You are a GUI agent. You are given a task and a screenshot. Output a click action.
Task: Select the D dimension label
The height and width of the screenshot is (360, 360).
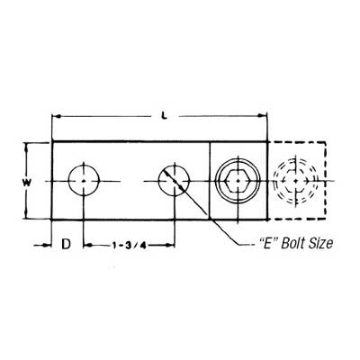click(x=65, y=244)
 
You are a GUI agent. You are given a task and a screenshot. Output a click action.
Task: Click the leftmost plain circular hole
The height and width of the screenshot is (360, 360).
click(x=84, y=180)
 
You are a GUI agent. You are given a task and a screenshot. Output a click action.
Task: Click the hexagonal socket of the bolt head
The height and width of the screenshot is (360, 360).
click(x=239, y=180)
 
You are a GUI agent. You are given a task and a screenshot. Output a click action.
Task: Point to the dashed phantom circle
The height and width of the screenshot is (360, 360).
click(x=294, y=180)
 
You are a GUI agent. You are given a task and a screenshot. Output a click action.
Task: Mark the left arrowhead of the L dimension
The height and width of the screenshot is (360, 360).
click(x=57, y=116)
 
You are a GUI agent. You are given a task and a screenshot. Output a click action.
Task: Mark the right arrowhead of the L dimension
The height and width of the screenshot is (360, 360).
click(x=265, y=116)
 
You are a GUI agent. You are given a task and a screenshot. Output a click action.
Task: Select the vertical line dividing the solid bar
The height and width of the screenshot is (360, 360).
click(x=210, y=180)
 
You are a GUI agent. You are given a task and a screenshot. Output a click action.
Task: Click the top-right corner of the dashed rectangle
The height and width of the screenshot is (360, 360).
click(x=329, y=142)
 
